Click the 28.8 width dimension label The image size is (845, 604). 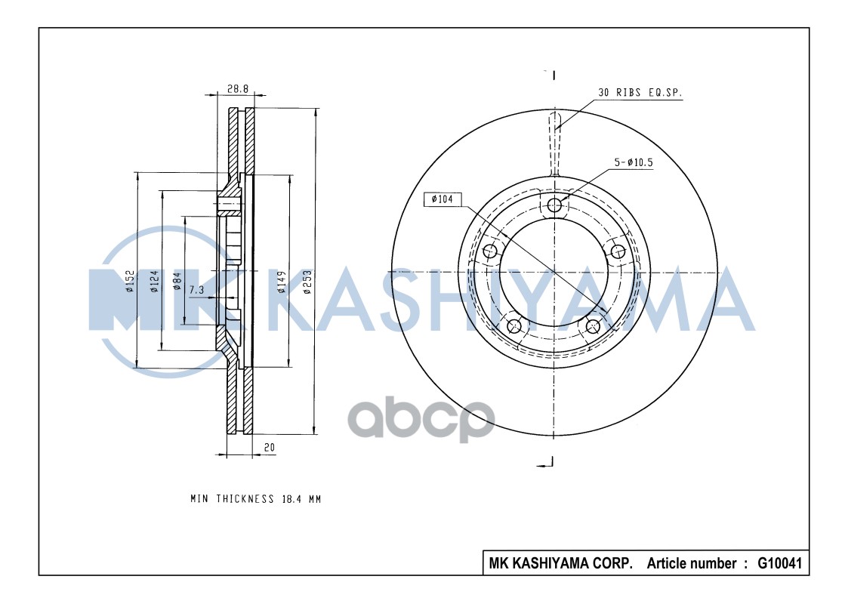pos(237,88)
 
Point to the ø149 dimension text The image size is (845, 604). pos(280,281)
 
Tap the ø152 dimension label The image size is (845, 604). pos(129,281)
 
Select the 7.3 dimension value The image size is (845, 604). pos(196,290)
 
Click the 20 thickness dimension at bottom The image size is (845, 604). pos(269,447)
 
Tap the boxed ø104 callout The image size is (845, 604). pos(442,199)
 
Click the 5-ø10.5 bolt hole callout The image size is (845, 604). pos(633,162)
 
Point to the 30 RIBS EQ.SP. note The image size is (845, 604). pos(640,92)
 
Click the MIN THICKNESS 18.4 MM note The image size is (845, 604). pos(255,499)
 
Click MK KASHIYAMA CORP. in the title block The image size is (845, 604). pos(560,563)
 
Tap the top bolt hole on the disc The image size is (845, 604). pos(554,205)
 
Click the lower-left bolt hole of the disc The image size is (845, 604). pos(515,326)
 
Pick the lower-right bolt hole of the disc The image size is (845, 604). pos(594,326)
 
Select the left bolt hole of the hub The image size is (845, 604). pos(491,251)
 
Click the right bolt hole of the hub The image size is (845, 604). pos(618,251)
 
